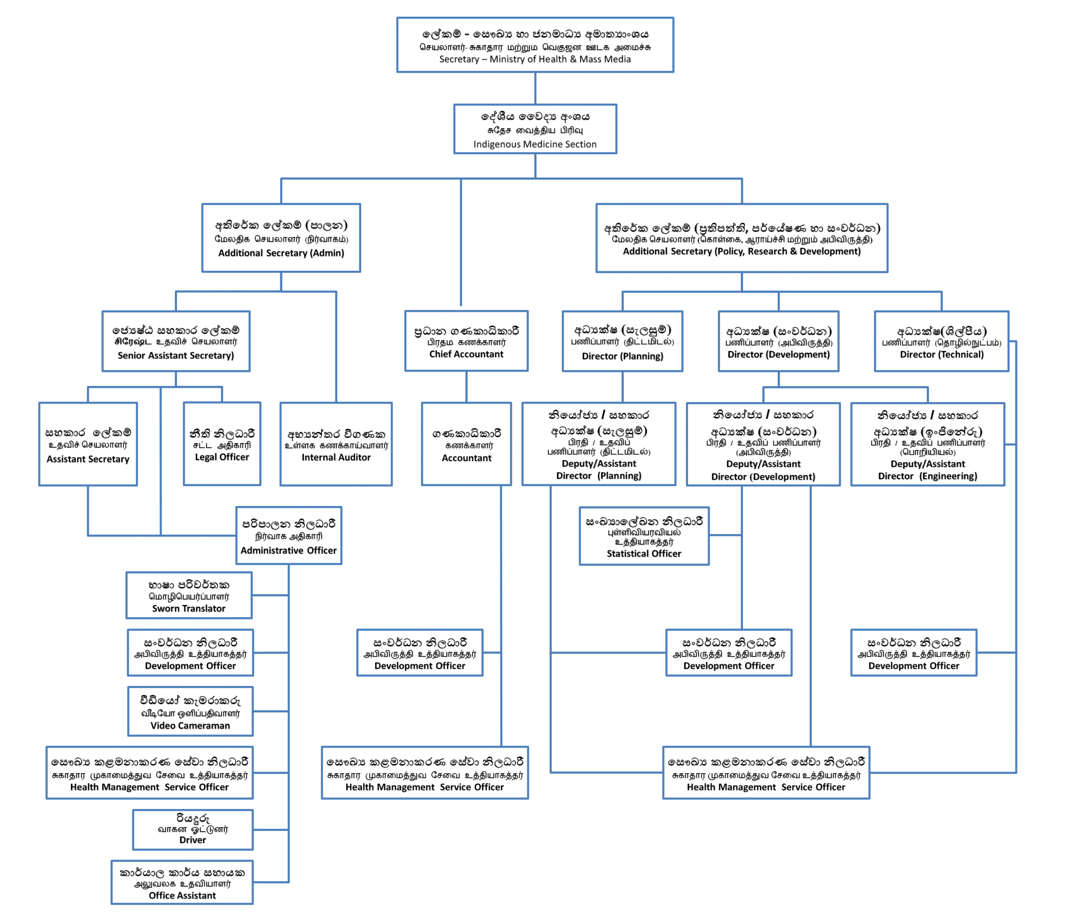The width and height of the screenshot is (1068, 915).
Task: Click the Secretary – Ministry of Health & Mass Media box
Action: (535, 45)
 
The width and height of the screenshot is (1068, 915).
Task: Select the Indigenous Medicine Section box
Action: (535, 129)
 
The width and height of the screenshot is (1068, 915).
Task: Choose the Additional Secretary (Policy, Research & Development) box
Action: (742, 238)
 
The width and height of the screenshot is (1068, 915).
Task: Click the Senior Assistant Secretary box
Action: (176, 341)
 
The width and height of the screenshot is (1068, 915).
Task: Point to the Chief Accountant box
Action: (466, 341)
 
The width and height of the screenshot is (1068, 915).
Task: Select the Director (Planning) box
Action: (623, 341)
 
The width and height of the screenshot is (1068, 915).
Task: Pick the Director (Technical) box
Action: (942, 341)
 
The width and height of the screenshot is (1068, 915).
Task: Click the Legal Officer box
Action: (222, 444)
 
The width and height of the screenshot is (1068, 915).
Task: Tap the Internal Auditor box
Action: (336, 444)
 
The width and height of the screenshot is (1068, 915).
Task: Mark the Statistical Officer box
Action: (644, 536)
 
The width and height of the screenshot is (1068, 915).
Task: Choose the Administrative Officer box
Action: (289, 535)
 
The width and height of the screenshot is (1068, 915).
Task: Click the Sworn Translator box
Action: (189, 595)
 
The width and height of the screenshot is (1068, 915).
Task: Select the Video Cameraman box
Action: (190, 711)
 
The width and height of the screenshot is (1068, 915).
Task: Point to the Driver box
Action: (193, 830)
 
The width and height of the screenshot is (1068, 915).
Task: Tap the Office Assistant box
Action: (182, 882)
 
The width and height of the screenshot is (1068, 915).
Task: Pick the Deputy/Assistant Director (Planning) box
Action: (599, 444)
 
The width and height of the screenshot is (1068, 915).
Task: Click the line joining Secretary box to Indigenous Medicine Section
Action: (535, 88)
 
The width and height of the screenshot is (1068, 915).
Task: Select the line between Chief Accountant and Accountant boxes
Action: (466, 387)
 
